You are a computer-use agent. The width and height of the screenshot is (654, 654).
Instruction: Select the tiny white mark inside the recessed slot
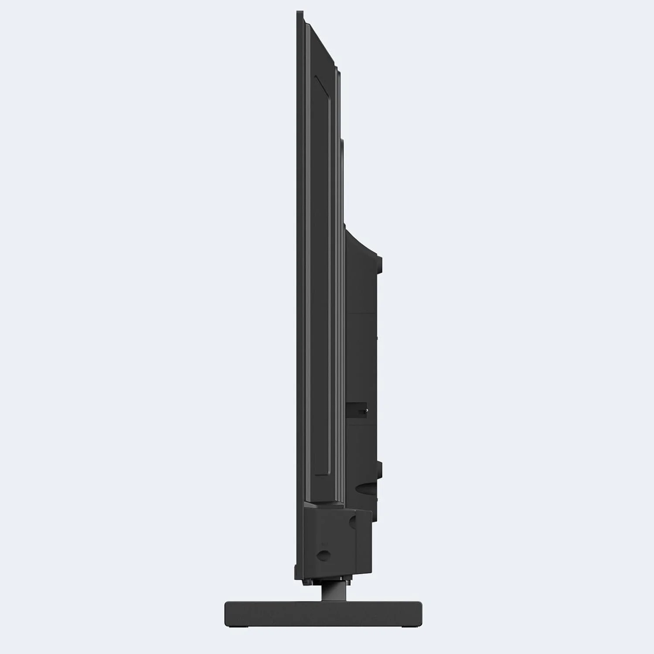pyautogui.click(x=367, y=410)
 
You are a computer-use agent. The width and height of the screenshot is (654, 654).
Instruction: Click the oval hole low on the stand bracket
pyautogui.click(x=323, y=555)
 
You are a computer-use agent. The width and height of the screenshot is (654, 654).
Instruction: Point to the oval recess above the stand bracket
pyautogui.click(x=366, y=488)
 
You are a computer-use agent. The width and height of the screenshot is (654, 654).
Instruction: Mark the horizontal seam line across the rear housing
pyautogui.click(x=361, y=313)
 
